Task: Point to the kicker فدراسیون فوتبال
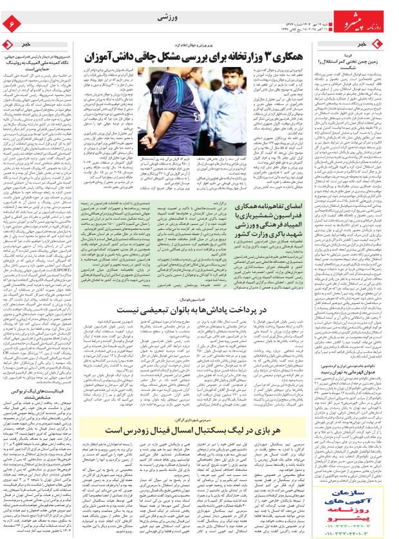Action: coord(194,299)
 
